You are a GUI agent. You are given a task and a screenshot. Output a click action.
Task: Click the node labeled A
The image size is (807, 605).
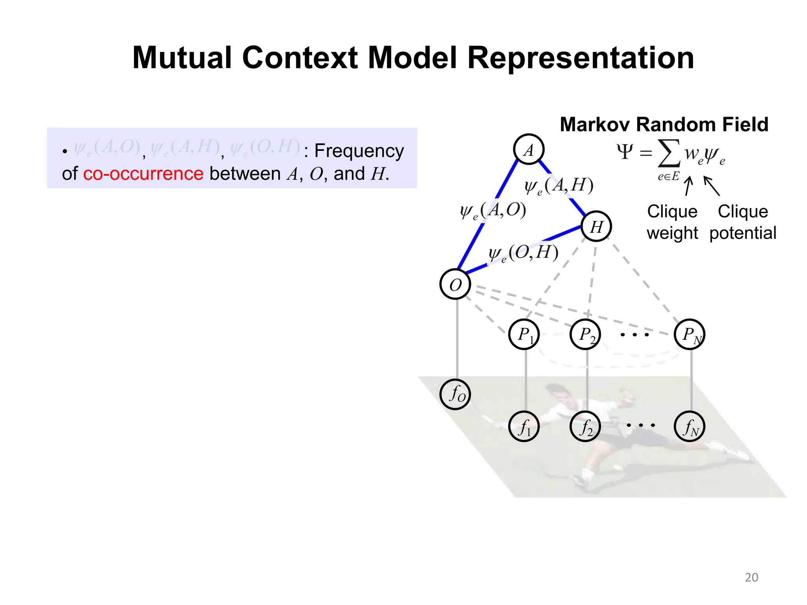[528, 149]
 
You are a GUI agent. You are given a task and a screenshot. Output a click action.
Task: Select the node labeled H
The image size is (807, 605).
[596, 226]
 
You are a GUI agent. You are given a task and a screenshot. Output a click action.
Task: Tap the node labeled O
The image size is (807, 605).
[455, 284]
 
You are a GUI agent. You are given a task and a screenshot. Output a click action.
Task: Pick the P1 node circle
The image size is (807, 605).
[524, 334]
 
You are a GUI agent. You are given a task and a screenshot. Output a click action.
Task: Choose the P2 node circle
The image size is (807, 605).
[585, 334]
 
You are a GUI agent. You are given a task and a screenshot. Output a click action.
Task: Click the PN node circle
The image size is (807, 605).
[689, 334]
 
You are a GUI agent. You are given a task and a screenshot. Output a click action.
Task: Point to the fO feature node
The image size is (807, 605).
[455, 394]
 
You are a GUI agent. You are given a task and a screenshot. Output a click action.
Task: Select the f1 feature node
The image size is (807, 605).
[524, 427]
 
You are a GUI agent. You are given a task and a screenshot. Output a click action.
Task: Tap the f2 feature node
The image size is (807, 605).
[585, 427]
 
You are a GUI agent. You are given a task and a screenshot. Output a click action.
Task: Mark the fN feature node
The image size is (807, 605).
[689, 427]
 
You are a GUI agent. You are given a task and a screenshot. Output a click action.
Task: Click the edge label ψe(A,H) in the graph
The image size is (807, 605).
[559, 185]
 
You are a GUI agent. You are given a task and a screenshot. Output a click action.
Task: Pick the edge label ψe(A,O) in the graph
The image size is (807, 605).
[493, 210]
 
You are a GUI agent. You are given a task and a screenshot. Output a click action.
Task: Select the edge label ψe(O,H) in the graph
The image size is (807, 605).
[523, 252]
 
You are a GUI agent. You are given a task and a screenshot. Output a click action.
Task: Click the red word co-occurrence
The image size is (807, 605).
[143, 174]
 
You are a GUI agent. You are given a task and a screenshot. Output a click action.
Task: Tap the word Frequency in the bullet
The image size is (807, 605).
[359, 151]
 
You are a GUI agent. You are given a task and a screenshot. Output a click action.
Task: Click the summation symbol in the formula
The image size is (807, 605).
[669, 154]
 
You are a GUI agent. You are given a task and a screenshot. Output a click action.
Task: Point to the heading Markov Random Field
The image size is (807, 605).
[664, 124]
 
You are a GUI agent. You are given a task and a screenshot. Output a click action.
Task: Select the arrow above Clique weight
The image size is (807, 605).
[688, 186]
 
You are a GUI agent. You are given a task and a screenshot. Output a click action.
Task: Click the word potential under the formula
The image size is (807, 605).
[743, 233]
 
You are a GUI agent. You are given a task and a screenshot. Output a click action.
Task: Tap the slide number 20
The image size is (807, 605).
[751, 577]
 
